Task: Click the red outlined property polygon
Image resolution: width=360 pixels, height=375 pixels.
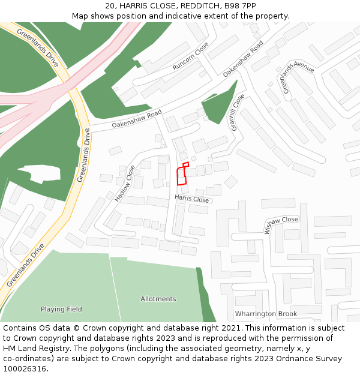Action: coord(182,176)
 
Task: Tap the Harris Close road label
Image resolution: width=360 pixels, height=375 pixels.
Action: coord(191,199)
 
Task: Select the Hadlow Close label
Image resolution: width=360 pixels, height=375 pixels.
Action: coord(125,183)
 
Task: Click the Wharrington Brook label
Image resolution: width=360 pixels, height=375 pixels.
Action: coord(266,314)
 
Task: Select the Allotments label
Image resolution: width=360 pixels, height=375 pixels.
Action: coord(158,299)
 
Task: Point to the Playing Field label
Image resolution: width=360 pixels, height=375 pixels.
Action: coord(61,309)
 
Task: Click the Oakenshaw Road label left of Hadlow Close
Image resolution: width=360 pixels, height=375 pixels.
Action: coord(137,119)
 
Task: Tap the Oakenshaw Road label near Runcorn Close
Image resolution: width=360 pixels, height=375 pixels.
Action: coord(243,59)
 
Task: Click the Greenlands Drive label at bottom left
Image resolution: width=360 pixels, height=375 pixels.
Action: coord(26,264)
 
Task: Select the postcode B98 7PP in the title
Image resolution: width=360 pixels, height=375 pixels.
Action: coord(239,5)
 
